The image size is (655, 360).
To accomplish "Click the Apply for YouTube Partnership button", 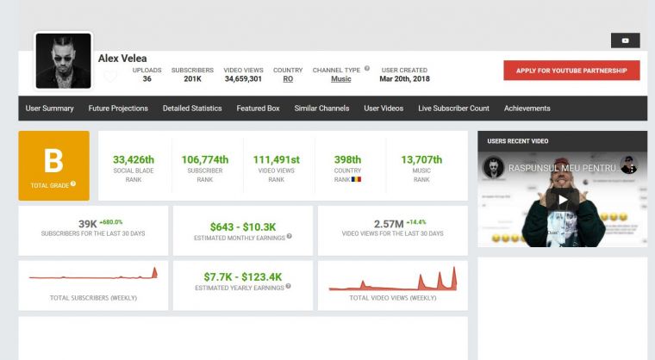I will (571, 71).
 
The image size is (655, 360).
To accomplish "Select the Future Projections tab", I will (118, 109).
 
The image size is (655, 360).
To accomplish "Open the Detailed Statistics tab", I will (192, 109).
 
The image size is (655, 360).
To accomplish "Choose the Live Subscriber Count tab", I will (453, 109).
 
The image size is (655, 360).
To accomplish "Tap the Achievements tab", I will (527, 109).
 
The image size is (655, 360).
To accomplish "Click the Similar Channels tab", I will (321, 109).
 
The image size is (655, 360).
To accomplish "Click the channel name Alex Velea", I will (122, 59).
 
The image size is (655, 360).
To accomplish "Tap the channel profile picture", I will (63, 61).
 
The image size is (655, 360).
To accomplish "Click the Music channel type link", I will (340, 79).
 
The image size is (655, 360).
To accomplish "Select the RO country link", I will (288, 79).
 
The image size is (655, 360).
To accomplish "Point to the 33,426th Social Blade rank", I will (134, 159).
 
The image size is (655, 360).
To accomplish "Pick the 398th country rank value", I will (348, 159).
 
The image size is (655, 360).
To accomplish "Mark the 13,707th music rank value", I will (421, 159).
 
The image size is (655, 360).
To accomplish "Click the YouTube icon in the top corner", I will (625, 40).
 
